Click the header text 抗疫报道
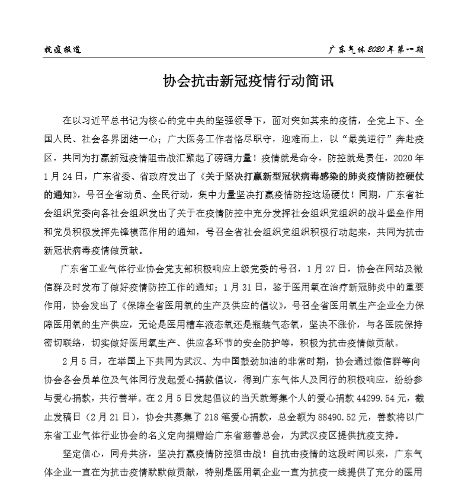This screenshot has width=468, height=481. [63, 49]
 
